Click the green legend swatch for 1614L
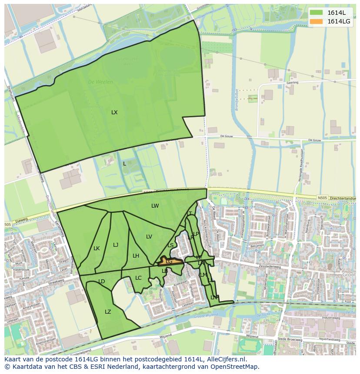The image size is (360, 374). coord(317,13)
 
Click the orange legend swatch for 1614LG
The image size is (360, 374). coord(317,21)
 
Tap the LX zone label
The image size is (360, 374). coord(114,113)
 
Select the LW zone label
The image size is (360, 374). coord(155,206)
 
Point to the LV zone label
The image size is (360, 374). coord(149,237)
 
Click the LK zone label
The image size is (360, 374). coord(97,248)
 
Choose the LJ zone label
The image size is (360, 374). coord(116,245)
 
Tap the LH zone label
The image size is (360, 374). coord(136,256)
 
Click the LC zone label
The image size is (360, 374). coord(138,278)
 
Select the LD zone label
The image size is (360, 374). coord(102,281)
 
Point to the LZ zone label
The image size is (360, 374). coord(108,312)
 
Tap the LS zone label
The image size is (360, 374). coord(170,245)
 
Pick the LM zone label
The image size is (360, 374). coord(203,275)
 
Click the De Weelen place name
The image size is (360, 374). coord(100,82)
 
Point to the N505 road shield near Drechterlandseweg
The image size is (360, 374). coord(322,198)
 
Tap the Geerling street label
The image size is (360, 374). coord(293,82)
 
